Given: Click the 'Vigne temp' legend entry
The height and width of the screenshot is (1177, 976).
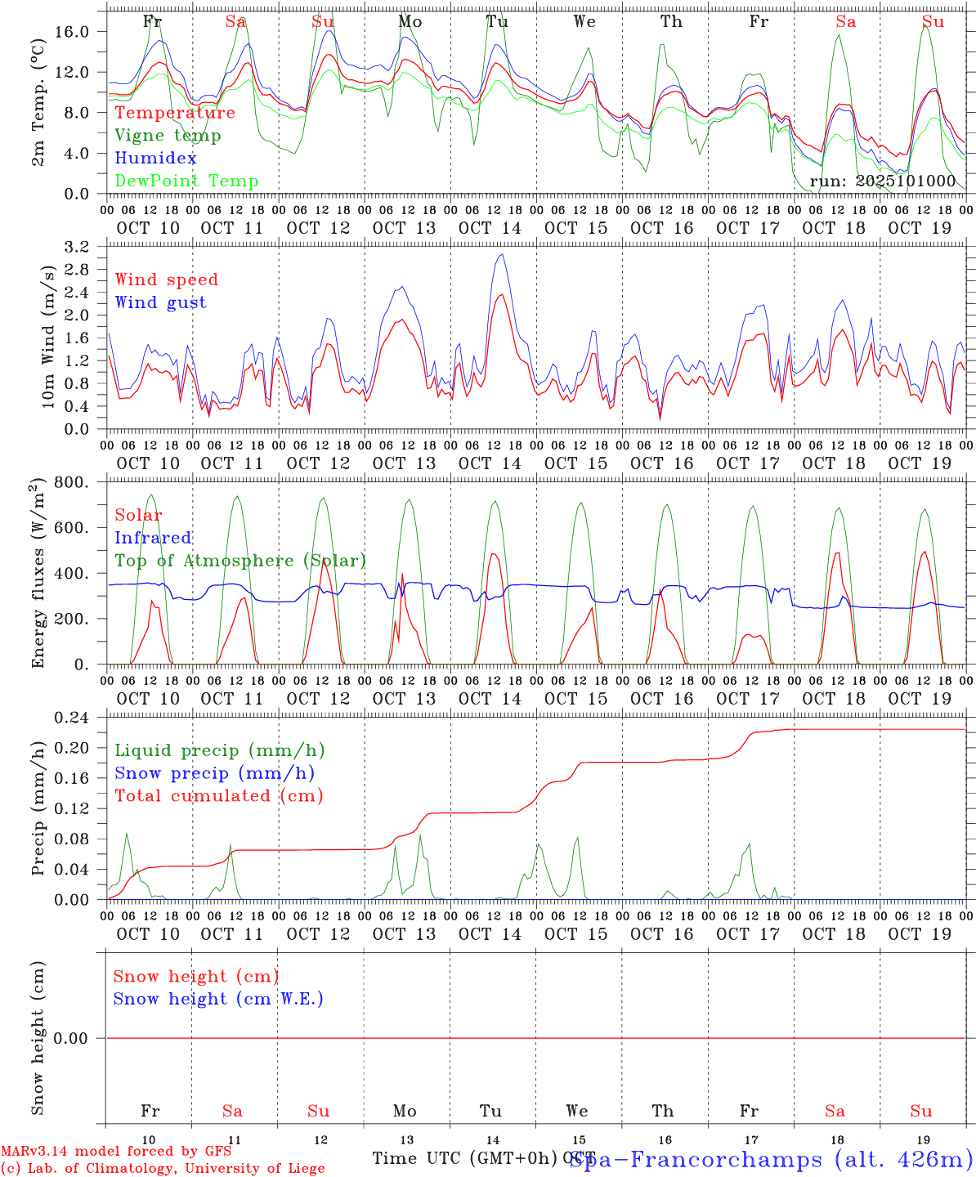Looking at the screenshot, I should [x=168, y=136].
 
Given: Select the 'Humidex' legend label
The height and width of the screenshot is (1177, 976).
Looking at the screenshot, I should [x=155, y=159].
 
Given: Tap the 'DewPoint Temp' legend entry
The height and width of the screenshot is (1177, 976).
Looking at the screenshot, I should [x=186, y=181].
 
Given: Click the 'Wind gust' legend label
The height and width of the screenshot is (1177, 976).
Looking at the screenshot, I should [x=160, y=302].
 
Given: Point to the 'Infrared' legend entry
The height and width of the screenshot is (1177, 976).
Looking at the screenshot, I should [x=153, y=538].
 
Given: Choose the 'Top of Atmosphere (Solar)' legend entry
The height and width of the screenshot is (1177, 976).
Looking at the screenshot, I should [x=240, y=561].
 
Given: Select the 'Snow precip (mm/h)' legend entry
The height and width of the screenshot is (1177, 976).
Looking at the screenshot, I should [x=214, y=773].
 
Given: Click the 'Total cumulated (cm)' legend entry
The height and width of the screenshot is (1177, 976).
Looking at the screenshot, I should [x=218, y=796].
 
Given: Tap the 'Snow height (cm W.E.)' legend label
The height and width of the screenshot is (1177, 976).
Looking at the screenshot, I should [x=217, y=999].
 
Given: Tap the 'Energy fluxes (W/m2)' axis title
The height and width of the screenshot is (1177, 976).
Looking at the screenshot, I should [x=38, y=575].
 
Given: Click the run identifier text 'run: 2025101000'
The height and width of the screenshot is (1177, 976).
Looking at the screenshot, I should [x=882, y=181].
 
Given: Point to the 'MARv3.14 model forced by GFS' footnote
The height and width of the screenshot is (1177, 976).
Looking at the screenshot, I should [x=116, y=1152].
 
